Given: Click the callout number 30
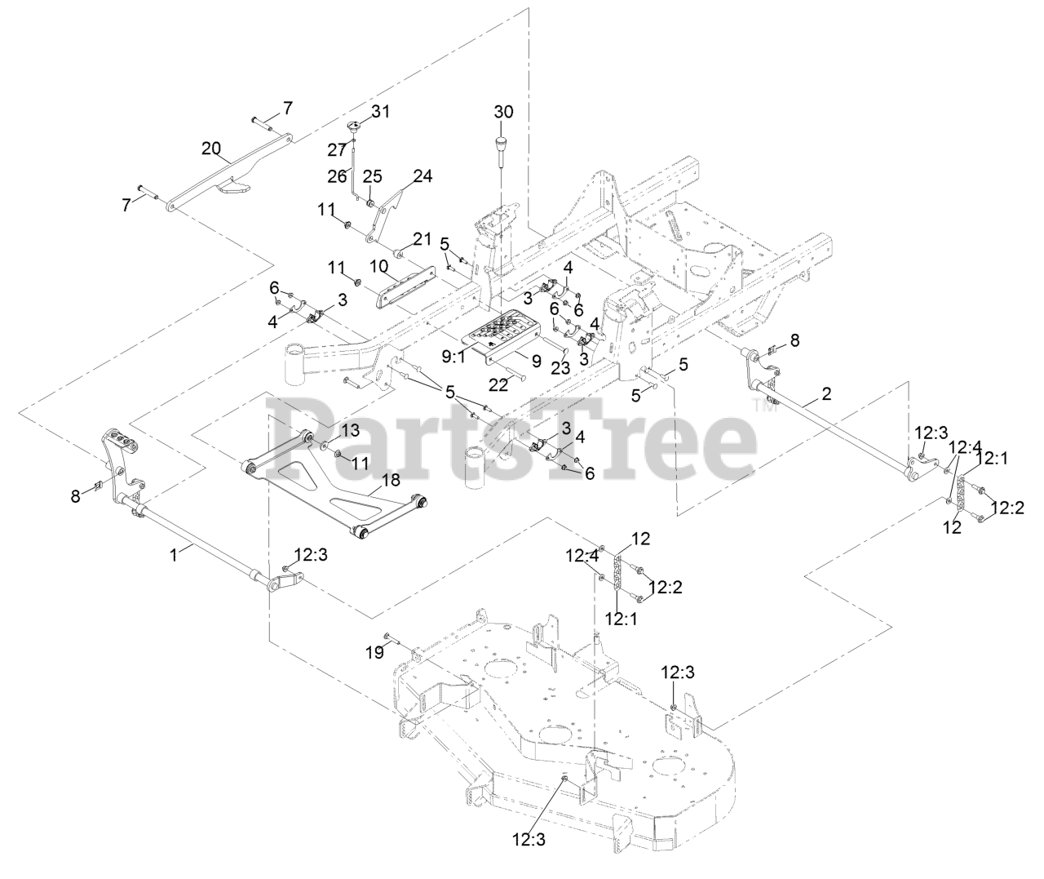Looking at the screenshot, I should [x=504, y=112].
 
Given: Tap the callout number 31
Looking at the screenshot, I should [x=381, y=112].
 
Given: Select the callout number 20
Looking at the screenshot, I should [x=211, y=148].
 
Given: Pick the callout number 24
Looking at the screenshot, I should [x=422, y=175].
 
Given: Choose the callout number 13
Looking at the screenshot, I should [x=350, y=430].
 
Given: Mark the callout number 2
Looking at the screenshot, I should [x=827, y=393].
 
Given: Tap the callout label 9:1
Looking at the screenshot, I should [x=453, y=356].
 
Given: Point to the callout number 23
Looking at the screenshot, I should [x=560, y=367].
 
